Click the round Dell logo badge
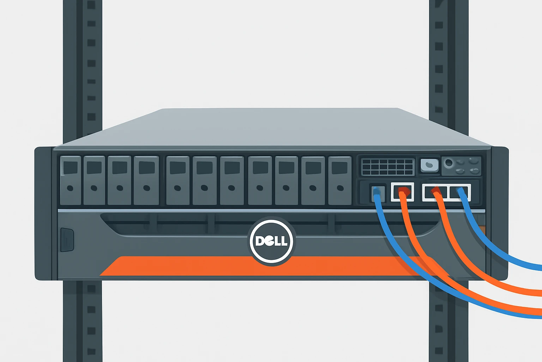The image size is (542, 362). (x=271, y=241)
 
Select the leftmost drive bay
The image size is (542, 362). (x=71, y=180)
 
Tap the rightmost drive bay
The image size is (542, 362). (x=340, y=181)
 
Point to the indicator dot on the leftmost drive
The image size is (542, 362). (x=70, y=188)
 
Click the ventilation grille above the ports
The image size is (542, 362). (x=388, y=167)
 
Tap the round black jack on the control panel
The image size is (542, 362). (x=449, y=163)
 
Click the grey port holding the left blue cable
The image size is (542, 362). (x=378, y=193)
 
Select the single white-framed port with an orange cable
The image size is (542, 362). (x=403, y=192)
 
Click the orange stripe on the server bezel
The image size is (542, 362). (x=266, y=266)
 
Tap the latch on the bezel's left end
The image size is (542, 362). (x=67, y=240)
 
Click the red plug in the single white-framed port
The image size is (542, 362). (x=403, y=191)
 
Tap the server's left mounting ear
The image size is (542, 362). (x=43, y=214)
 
